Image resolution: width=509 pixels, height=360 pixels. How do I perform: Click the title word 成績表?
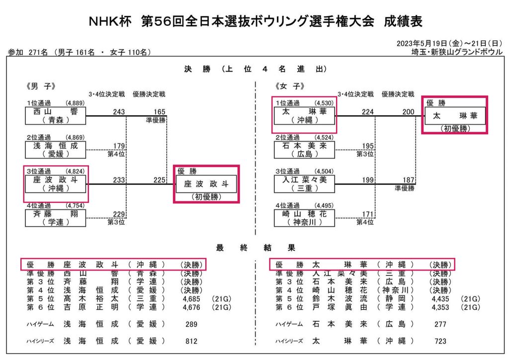click(x=403, y=21)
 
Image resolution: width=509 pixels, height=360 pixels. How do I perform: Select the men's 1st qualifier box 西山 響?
click(x=55, y=116)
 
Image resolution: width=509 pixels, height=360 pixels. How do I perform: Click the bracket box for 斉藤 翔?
click(x=55, y=218)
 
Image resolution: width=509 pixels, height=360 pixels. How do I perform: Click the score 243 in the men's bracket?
click(x=119, y=112)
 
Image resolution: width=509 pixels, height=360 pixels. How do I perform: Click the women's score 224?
click(x=368, y=112)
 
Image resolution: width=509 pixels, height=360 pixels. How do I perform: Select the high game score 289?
click(x=190, y=324)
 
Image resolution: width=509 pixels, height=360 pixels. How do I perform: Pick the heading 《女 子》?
click(x=292, y=86)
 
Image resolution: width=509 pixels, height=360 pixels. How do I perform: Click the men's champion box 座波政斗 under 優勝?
click(x=206, y=183)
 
